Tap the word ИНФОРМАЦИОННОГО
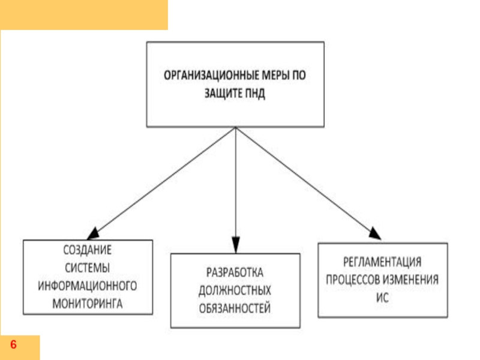pos(88,285)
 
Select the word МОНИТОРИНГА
pos(88,303)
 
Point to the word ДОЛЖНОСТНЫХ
pos(235,290)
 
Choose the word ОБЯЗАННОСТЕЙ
pos(235,309)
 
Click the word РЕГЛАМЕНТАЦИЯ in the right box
pos(382,262)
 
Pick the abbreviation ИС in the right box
pos(382,298)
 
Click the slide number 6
pos(13,346)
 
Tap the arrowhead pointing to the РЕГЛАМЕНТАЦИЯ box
pos(374,233)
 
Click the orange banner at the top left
pos(84,14)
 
